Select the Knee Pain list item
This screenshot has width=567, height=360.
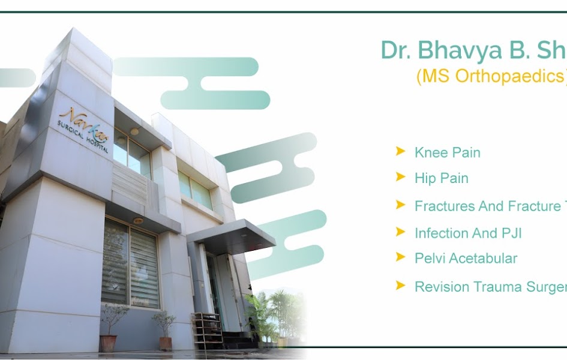(447, 152)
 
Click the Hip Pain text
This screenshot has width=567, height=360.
(441, 178)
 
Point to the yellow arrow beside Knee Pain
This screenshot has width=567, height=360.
(400, 151)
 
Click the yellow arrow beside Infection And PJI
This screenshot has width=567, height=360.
(400, 232)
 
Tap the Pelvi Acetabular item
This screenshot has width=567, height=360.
(466, 259)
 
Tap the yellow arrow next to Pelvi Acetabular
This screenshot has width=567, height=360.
(400, 257)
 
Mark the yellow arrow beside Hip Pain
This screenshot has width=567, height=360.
(400, 177)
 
